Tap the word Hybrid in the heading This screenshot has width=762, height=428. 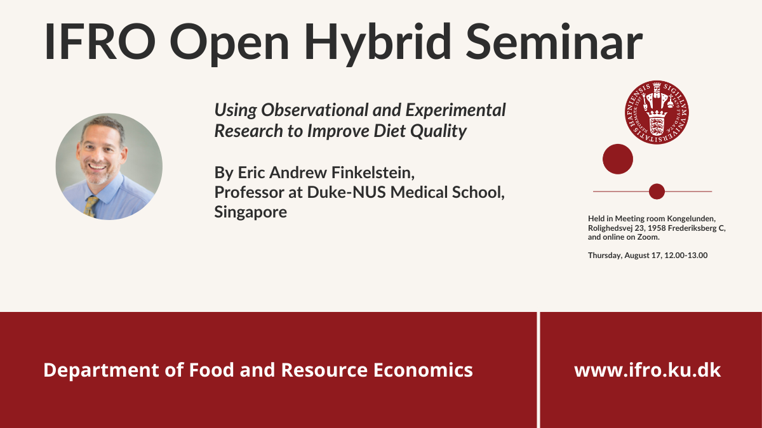coord(377,44)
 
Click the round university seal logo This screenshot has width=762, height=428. coord(657,112)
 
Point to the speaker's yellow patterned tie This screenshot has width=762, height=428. coord(91,206)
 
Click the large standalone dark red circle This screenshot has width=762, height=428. coord(618,159)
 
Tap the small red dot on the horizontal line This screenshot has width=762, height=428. coord(657,191)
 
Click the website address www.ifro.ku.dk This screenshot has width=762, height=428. coord(647,370)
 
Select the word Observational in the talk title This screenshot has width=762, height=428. coord(315,110)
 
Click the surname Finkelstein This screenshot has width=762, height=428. coord(373,172)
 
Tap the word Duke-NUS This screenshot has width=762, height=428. coord(346,192)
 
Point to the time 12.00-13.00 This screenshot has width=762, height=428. coord(686,256)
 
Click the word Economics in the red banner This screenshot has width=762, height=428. coord(423,370)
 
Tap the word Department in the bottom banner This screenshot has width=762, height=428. coord(101,370)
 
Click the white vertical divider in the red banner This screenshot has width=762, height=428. coord(538,370)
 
